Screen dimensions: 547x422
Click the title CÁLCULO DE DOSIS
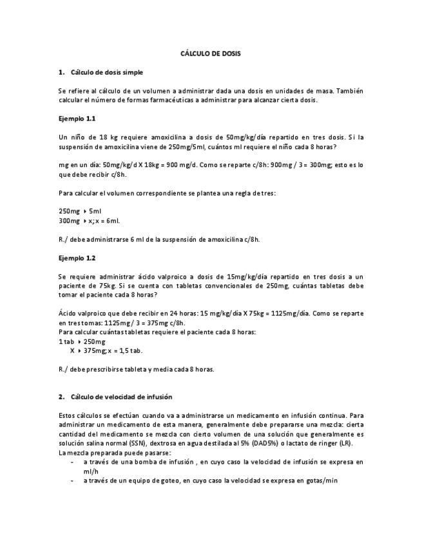[x=210, y=54]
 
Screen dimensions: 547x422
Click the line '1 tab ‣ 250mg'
[x=82, y=341]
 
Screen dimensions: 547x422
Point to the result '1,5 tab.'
[x=129, y=351]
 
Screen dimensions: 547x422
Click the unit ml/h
[x=90, y=471]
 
